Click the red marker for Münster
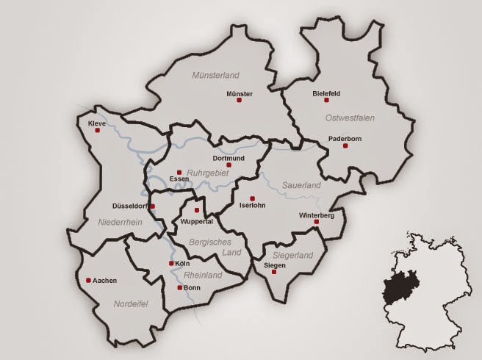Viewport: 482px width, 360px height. (239, 100)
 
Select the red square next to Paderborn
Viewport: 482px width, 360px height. (345, 146)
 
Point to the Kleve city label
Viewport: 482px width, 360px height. (96, 123)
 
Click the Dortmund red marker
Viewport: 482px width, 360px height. (229, 165)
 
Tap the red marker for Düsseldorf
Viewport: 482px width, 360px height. (152, 206)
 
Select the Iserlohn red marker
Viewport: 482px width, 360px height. (252, 198)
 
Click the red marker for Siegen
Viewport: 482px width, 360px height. (274, 272)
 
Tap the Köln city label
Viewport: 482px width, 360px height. (183, 262)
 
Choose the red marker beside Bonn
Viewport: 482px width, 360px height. (179, 288)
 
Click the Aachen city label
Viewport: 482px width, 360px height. (104, 280)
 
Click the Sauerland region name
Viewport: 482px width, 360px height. (302, 186)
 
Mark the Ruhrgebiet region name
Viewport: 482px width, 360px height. (209, 173)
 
